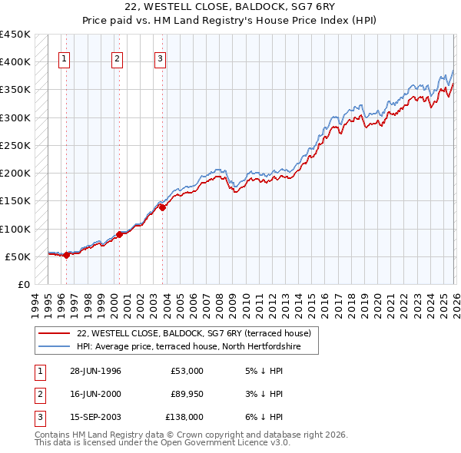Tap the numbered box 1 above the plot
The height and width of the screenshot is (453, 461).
pos(64,58)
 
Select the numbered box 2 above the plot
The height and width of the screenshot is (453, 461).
pos(117,58)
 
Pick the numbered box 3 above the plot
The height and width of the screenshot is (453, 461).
pos(160,58)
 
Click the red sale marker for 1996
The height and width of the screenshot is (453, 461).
pos(66,256)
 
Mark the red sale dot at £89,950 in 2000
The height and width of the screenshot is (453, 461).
pos(120,235)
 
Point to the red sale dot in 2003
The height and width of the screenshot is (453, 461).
pos(163,207)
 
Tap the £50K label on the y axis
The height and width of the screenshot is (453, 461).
pos(18,256)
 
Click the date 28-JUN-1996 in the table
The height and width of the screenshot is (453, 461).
pos(96,371)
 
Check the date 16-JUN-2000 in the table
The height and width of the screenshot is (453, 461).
pos(96,394)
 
